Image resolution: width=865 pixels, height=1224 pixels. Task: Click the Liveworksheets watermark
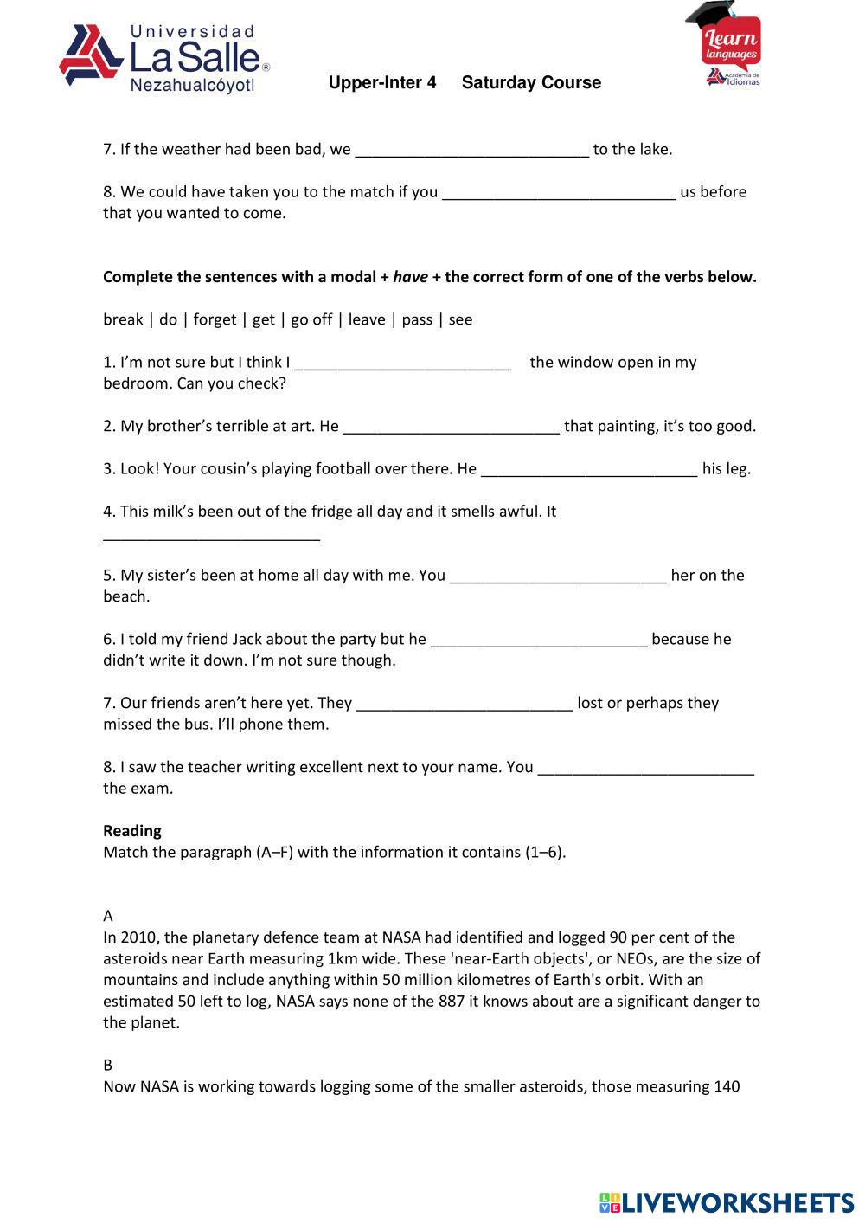pos(726,1202)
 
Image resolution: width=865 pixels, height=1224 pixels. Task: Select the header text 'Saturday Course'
pos(531,83)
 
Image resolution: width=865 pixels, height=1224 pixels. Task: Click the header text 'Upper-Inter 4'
pos(382,83)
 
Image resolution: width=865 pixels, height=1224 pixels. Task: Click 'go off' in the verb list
pos(311,320)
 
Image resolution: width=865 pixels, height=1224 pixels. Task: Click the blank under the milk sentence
pos(212,535)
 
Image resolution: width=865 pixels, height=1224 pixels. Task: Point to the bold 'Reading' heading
pos(132,831)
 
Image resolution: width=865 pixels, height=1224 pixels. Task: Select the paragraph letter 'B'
pos(108,1066)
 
